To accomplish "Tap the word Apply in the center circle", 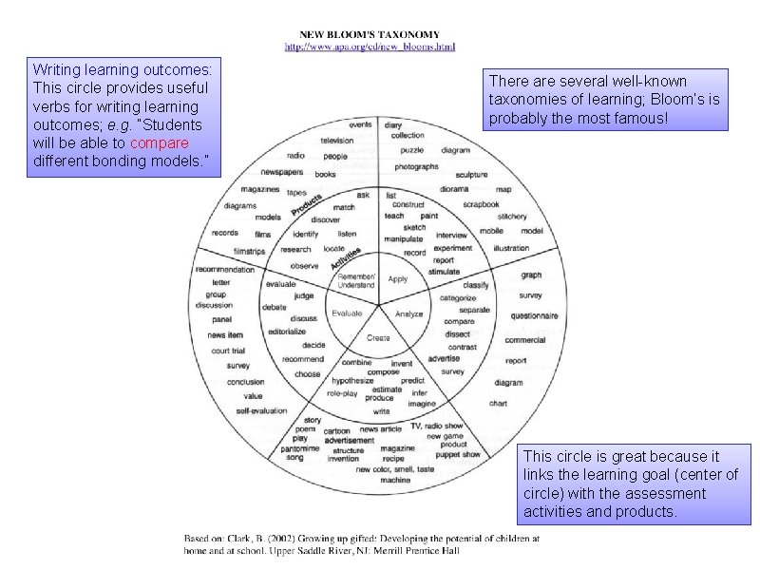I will click(x=398, y=279).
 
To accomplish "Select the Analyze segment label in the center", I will click(x=408, y=313).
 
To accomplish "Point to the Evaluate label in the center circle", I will click(x=346, y=313).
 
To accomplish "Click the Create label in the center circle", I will click(x=378, y=338).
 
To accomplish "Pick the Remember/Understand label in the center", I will click(x=356, y=280).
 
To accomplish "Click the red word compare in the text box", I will click(x=160, y=142).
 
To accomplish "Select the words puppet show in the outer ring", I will click(x=458, y=455).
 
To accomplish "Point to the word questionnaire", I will click(x=533, y=315).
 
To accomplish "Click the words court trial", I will click(x=227, y=351).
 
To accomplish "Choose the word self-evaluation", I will click(x=261, y=410).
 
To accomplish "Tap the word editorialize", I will click(x=287, y=332).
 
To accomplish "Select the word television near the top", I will click(x=336, y=140).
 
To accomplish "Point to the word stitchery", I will click(x=512, y=217).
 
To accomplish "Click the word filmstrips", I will click(x=250, y=251).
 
